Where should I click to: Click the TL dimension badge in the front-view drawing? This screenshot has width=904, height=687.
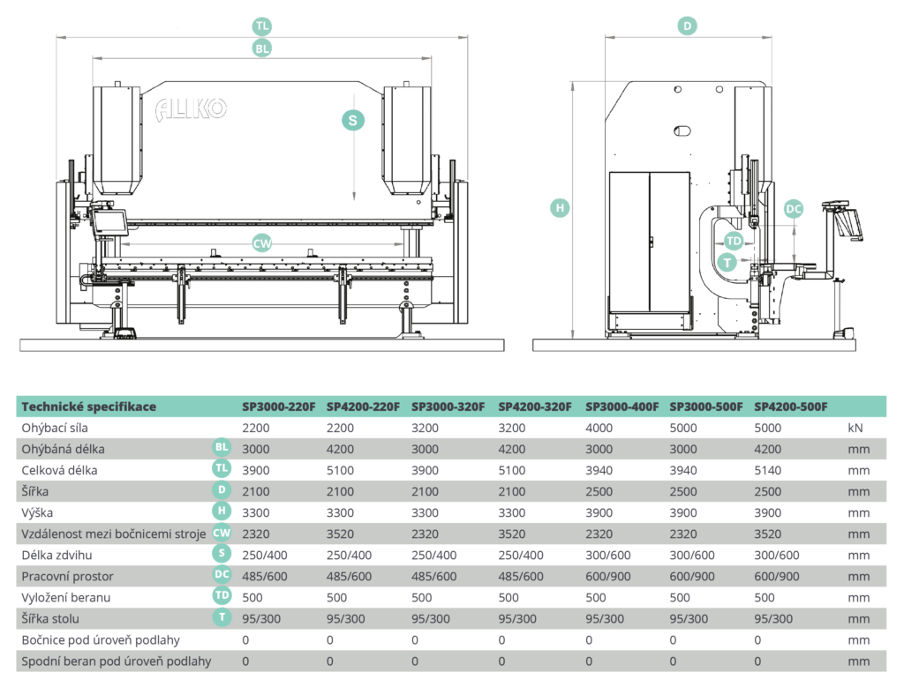click(261, 26)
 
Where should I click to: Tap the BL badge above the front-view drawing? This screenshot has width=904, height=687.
click(261, 49)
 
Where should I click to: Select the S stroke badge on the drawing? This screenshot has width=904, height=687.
click(353, 121)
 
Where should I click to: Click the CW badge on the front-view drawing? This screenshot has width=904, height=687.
click(262, 244)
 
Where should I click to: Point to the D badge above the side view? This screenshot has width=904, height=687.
click(688, 26)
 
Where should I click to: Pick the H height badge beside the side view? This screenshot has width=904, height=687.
click(559, 208)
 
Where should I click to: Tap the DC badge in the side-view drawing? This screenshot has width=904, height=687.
click(794, 209)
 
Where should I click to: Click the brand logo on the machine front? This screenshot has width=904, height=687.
click(192, 109)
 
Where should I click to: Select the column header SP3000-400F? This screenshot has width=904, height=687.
click(621, 407)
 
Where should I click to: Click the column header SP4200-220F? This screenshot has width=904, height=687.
click(363, 407)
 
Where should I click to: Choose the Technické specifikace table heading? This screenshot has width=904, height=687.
click(88, 407)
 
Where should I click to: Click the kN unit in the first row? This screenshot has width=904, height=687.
click(854, 428)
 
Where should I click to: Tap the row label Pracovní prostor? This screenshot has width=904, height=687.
click(67, 576)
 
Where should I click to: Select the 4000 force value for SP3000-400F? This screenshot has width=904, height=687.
click(599, 428)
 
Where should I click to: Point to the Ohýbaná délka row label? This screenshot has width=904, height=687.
click(63, 449)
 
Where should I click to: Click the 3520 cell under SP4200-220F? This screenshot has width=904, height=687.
click(341, 534)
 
